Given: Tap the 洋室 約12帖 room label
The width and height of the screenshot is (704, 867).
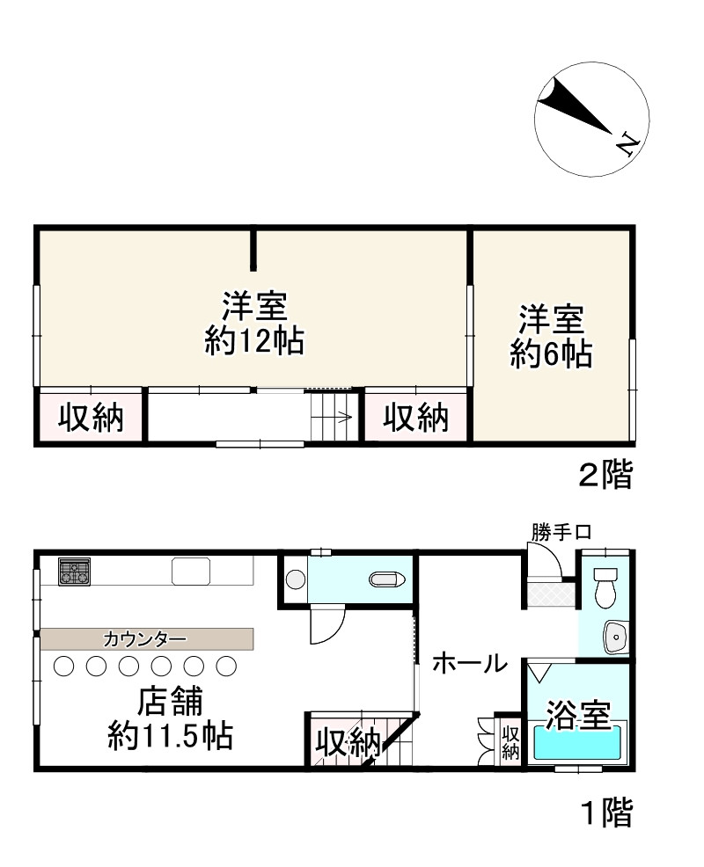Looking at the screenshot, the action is [254, 323].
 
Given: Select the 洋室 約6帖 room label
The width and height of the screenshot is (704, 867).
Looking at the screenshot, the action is [551, 336].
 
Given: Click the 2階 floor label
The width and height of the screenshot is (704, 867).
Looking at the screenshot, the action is [605, 475].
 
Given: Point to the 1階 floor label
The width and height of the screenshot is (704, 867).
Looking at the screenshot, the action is [606, 812].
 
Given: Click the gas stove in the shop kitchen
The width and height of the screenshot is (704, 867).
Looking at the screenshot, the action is [74, 572].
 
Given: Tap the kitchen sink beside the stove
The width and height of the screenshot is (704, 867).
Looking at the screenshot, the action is [191, 572].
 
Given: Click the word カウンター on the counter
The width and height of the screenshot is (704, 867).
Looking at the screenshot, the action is [145, 640].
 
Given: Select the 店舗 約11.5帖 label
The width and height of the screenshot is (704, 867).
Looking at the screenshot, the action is [171, 718].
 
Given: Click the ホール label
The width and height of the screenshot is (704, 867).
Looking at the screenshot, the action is [470, 662].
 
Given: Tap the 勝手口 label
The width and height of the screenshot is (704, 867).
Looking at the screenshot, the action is [561, 533].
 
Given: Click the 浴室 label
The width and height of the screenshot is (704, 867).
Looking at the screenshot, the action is [578, 715].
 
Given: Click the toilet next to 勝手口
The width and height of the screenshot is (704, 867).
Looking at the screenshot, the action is [605, 587].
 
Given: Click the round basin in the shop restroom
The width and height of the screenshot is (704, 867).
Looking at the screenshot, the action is [296, 579].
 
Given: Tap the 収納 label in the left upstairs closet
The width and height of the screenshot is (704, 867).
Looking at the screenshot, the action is [91, 418].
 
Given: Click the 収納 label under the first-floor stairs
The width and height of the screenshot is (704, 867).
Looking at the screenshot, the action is [348, 743].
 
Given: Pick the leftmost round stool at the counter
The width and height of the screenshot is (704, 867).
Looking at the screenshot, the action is [63, 666].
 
